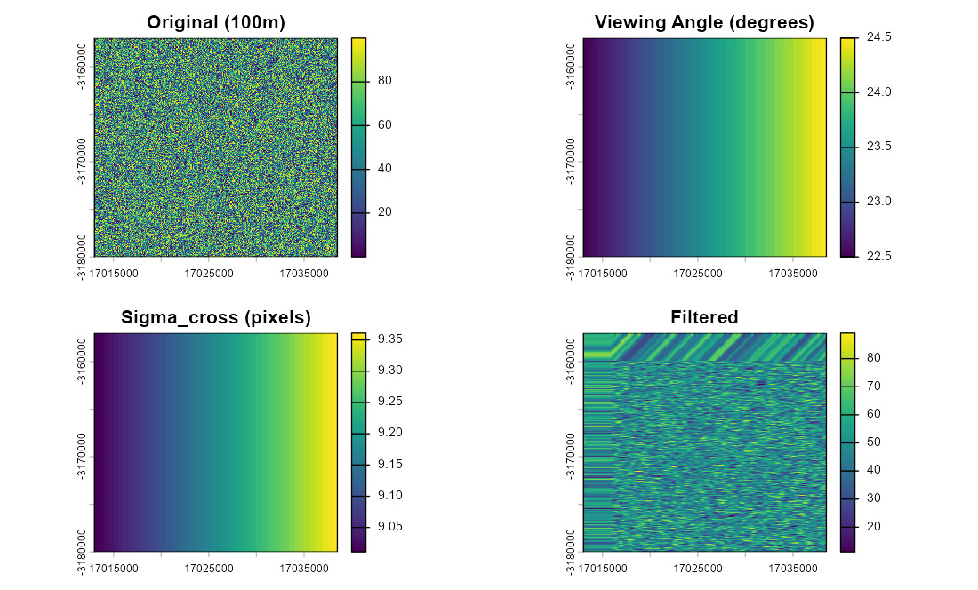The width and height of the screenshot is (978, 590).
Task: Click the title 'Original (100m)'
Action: [215, 23]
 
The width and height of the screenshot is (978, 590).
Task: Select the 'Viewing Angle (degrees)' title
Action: [704, 23]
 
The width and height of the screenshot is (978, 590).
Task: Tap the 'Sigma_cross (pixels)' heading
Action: [215, 318]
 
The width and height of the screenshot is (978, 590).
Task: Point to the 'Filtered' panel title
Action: [704, 318]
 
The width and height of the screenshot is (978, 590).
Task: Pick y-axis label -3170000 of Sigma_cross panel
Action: [82, 458]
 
